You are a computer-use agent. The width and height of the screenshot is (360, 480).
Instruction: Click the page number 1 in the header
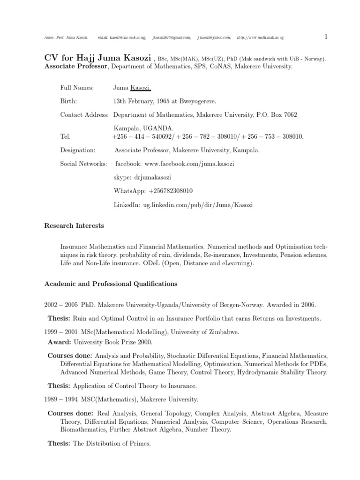click(x=326, y=37)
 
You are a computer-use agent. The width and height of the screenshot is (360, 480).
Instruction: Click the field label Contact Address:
click(x=84, y=114)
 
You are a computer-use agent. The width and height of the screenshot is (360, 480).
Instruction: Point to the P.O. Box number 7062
click(x=287, y=114)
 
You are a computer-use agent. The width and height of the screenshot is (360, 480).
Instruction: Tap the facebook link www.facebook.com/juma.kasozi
click(x=189, y=164)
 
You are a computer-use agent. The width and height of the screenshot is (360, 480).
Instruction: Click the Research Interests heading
click(x=74, y=226)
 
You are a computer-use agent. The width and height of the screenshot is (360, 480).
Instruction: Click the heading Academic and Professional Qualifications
click(x=111, y=284)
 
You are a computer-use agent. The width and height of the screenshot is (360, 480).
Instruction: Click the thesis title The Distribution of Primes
click(x=112, y=443)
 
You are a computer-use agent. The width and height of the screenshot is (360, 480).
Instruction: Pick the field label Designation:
click(x=78, y=150)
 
